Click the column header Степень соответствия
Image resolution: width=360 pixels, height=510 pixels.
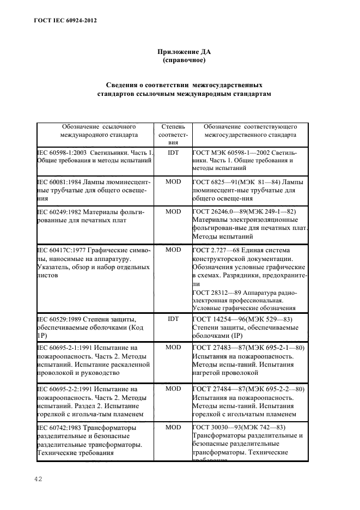tap(173, 133)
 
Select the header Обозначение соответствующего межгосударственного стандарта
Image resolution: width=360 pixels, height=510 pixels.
tap(250, 130)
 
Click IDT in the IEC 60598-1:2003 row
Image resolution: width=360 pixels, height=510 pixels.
tap(173, 153)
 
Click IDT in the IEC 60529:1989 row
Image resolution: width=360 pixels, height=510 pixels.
tap(173, 319)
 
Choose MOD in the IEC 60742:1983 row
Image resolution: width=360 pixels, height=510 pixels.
tap(173, 427)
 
